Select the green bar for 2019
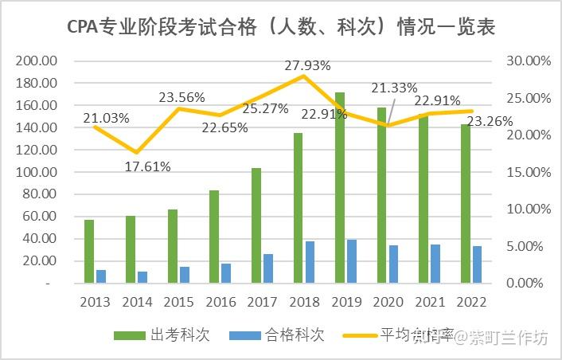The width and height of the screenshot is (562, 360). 340,188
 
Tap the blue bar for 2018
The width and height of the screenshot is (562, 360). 310,262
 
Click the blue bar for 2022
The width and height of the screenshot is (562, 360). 477,264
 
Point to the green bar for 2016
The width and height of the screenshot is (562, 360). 215,237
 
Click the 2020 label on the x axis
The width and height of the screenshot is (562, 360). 388,302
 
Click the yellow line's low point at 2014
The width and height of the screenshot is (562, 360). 137,152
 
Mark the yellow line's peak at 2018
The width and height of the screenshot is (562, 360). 304,75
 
